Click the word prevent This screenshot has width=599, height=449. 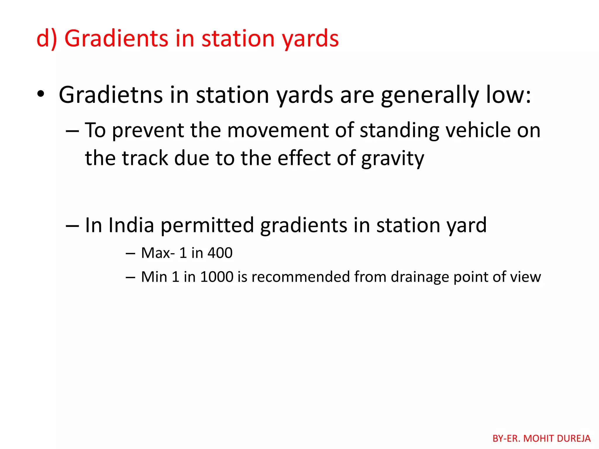click(148, 130)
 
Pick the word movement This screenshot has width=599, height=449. click(278, 130)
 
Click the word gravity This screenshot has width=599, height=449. click(393, 158)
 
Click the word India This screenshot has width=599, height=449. click(131, 225)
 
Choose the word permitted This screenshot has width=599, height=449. click(207, 226)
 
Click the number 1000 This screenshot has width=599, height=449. click(217, 277)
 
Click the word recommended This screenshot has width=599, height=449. click(301, 277)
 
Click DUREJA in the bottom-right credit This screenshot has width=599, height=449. click(574, 438)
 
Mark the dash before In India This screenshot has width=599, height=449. click(72, 226)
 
